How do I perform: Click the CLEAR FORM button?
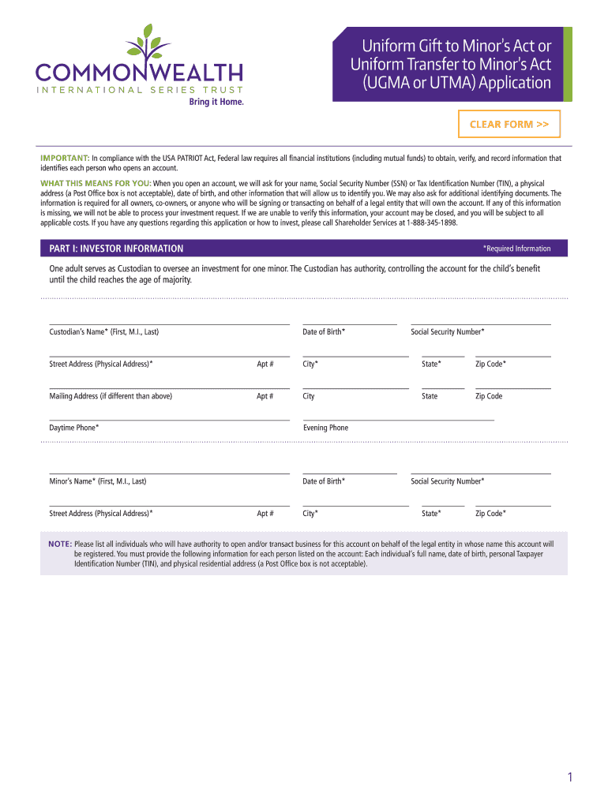[509, 125]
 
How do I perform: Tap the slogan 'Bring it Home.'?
[216, 103]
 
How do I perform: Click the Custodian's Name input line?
[169, 320]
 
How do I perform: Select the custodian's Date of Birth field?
[349, 320]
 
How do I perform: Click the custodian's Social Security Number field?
[480, 320]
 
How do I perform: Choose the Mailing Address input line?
[150, 384]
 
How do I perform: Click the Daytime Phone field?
[169, 416]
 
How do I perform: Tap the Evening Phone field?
[398, 416]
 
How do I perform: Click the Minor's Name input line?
[169, 469]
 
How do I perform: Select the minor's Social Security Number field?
[480, 469]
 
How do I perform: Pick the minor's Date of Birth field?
[349, 469]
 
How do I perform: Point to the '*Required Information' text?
[516, 249]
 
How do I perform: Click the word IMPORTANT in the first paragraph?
[65, 158]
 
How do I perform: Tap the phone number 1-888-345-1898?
[433, 223]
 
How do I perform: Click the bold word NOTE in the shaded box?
[60, 544]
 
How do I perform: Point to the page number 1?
[569, 778]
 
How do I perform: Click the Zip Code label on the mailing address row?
[489, 396]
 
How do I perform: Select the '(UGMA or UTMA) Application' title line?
[452, 83]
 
